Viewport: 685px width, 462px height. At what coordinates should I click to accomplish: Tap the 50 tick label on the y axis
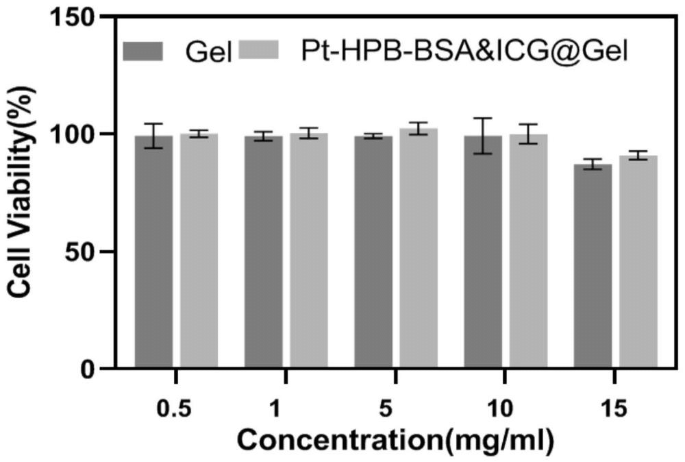(84, 252)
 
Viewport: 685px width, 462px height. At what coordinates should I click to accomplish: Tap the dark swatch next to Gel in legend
(143, 51)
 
